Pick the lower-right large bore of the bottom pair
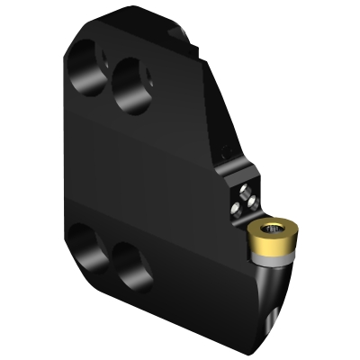(x=130, y=266)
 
